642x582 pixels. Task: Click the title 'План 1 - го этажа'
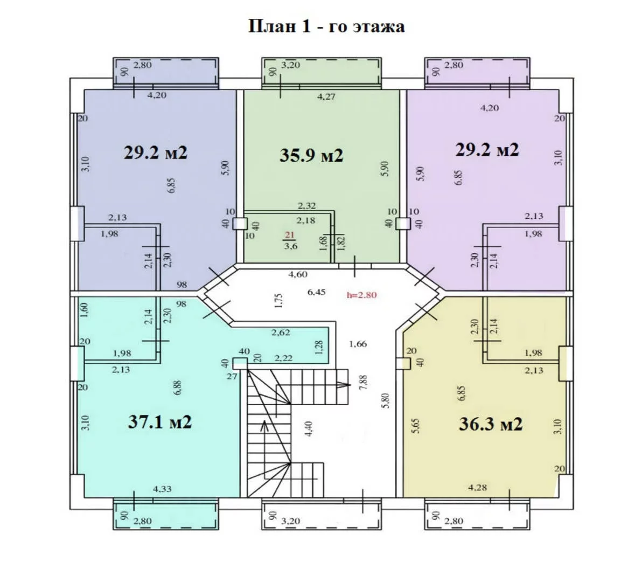326,26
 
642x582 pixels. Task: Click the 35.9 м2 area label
311,156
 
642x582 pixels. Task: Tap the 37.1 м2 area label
159,421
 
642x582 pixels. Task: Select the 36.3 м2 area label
491,424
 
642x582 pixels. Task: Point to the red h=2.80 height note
361,294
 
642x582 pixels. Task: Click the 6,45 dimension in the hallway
316,292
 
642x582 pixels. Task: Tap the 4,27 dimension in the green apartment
326,97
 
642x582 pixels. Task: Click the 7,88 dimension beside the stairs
363,382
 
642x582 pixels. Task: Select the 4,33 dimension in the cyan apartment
162,489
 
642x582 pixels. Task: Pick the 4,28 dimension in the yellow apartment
477,487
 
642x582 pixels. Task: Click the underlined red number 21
289,235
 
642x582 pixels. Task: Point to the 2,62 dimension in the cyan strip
281,332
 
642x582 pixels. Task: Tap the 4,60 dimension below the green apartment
298,274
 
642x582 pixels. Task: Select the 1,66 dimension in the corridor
358,344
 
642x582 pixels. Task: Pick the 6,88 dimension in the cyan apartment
177,387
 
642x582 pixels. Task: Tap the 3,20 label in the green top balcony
291,65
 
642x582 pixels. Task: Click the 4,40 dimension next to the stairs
310,429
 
